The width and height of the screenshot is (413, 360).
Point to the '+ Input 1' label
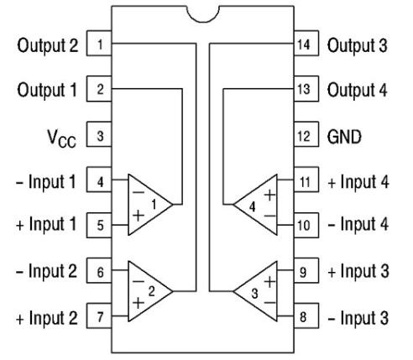(x=47, y=226)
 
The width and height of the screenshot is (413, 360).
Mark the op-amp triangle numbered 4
(x=254, y=203)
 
